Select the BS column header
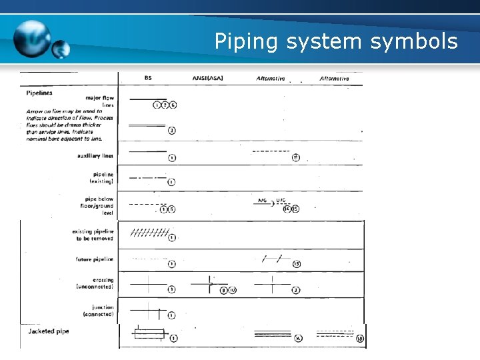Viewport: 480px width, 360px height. point(148,78)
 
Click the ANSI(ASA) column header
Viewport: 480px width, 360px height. point(207,78)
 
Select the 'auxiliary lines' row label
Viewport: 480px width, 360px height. point(95,156)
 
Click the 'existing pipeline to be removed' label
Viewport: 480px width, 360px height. point(93,235)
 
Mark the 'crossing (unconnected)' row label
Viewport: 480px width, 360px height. point(95,283)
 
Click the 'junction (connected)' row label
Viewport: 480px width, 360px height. point(98,311)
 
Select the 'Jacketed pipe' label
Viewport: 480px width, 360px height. point(48,331)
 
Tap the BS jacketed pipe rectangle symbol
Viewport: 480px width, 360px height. point(149,333)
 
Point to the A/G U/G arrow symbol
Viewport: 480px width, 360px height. point(272,203)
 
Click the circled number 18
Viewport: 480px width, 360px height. point(360,339)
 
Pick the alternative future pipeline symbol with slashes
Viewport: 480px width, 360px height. point(272,259)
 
